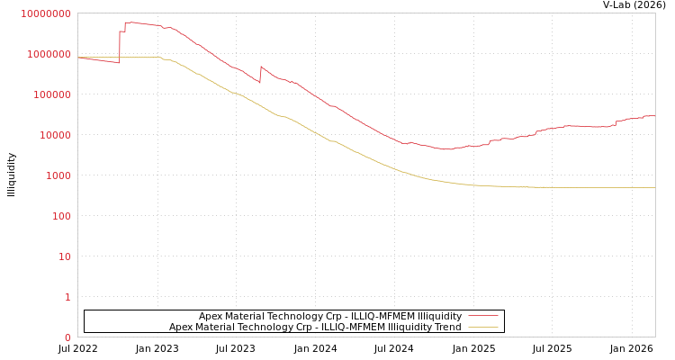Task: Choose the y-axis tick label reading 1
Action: [x=67, y=297]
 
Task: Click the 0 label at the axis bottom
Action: [x=67, y=337]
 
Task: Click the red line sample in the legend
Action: [x=483, y=316]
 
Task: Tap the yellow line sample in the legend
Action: [x=483, y=327]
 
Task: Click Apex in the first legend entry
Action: [x=211, y=316]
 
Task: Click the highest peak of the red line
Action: [x=130, y=22]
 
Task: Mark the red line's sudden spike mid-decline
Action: [x=261, y=67]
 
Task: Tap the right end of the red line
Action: [x=654, y=115]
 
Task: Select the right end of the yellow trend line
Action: [x=654, y=187]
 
